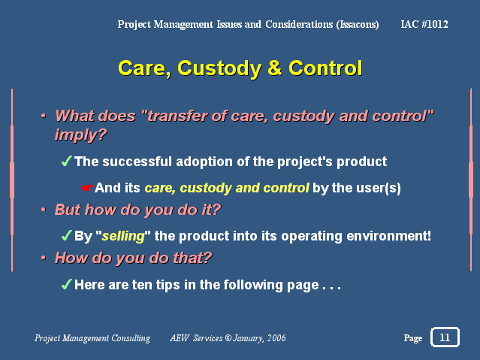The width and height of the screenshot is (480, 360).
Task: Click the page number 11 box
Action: click(445, 337)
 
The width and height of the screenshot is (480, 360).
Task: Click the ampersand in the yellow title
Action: click(275, 68)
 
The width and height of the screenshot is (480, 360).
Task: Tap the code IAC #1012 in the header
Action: click(424, 24)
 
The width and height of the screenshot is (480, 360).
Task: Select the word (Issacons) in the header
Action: click(358, 25)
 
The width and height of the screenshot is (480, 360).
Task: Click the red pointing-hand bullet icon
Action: click(87, 188)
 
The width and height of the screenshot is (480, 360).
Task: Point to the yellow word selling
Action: click(123, 236)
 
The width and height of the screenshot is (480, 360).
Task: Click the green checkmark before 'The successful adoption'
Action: click(66, 161)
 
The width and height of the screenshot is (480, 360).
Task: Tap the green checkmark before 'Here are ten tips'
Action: click(66, 284)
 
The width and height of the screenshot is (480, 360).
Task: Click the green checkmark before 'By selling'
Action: click(66, 235)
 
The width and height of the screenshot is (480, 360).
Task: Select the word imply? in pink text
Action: click(81, 135)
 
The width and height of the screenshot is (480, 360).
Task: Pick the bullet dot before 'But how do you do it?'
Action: click(44, 210)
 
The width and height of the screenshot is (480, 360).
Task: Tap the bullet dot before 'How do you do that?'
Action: click(44, 258)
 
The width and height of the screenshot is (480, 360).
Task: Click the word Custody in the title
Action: click(219, 68)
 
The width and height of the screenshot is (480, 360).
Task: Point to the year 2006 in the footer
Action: click(276, 338)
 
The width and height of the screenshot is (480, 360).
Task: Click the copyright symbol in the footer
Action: click(228, 338)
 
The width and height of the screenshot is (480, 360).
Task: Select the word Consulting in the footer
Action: click(131, 338)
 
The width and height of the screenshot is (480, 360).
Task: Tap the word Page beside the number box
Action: click(413, 338)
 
